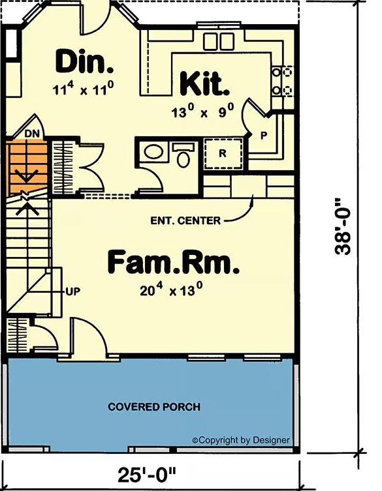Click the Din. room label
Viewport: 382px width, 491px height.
pos(84,62)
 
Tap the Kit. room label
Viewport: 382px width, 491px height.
pos(204,83)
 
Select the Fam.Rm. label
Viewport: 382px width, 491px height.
pos(174,263)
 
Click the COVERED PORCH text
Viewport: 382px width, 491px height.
pos(154,407)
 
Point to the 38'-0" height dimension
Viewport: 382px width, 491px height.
pos(343,227)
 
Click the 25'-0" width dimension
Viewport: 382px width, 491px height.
pos(147,475)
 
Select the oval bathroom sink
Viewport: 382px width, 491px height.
pos(153,152)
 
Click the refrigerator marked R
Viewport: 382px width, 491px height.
pos(223,153)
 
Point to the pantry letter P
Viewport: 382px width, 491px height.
pos(264,135)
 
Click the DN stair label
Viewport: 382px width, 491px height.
pos(32,134)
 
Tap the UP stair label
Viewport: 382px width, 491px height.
pos(72,291)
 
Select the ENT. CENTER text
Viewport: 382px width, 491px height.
pos(185,220)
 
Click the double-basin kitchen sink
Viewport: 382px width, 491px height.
pos(219,41)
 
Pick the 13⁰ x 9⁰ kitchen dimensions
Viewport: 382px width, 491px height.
pos(203,112)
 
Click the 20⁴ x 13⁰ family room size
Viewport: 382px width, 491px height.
pos(170,290)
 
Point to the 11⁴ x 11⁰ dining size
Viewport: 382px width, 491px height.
pos(83,89)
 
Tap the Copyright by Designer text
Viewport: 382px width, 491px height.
pos(241,440)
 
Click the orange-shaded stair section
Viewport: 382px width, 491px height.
pos(27,168)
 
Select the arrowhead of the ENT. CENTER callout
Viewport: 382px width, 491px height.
pos(252,198)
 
